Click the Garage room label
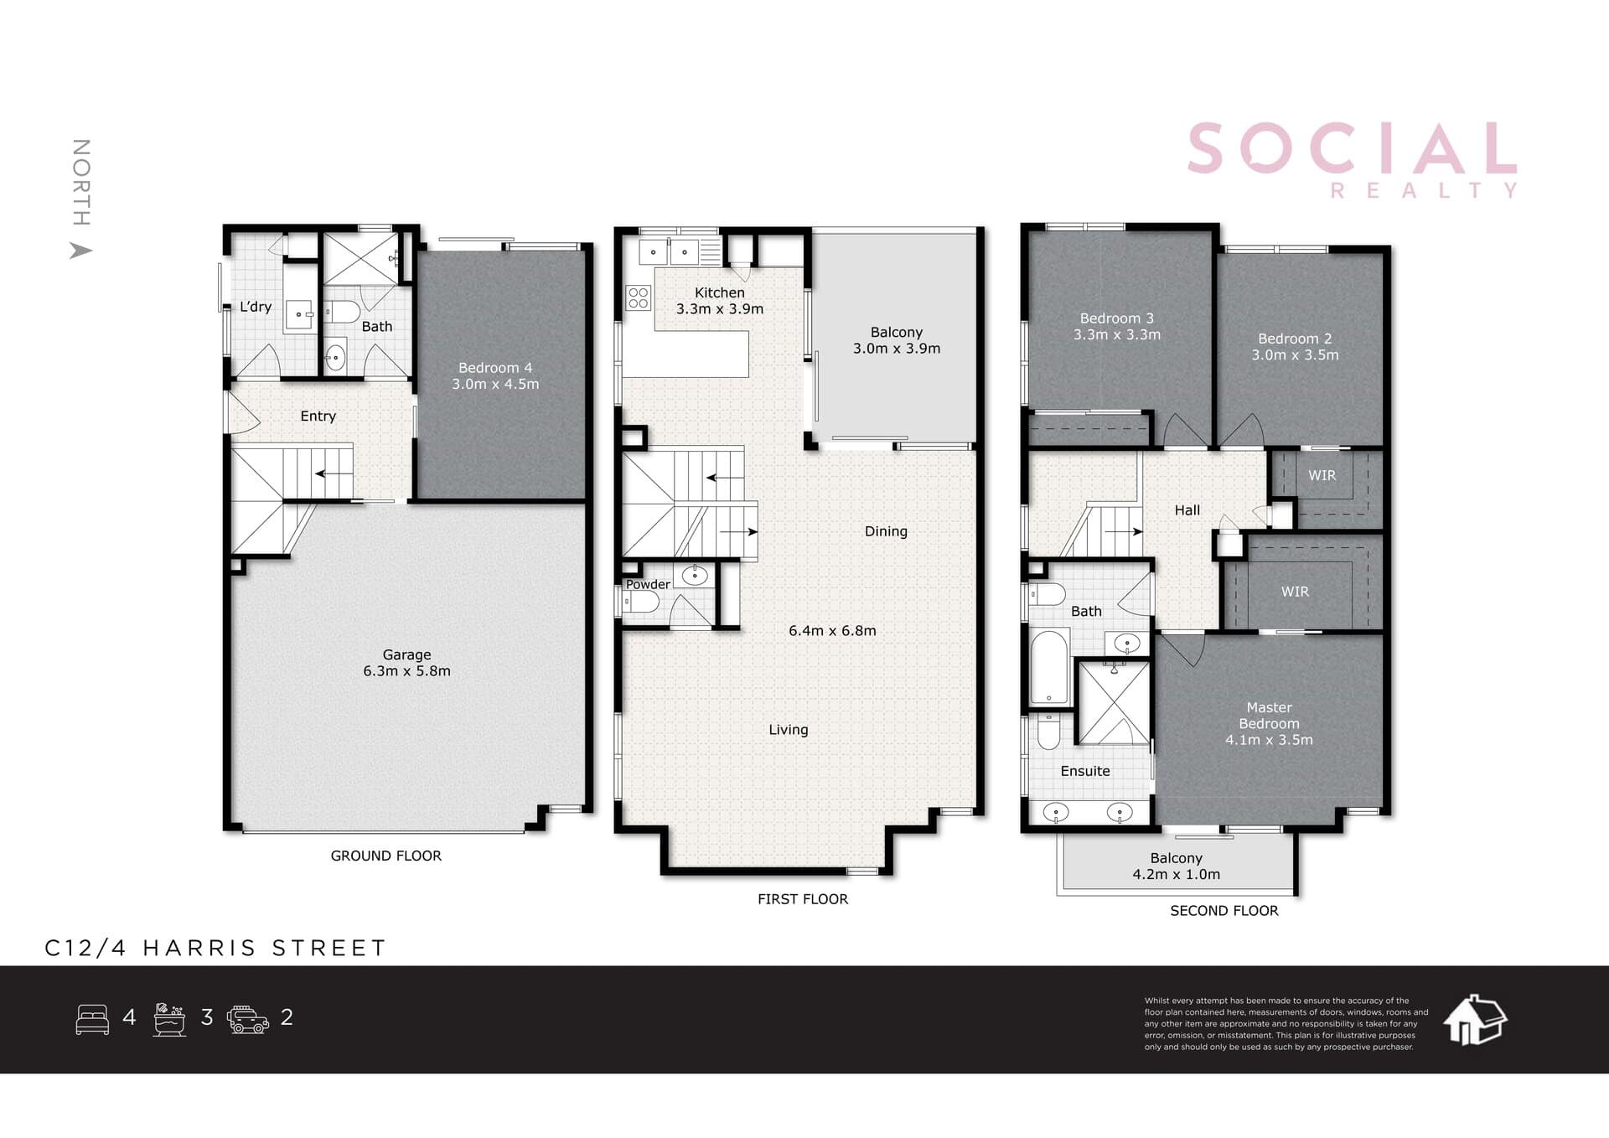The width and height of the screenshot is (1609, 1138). pyautogui.click(x=406, y=663)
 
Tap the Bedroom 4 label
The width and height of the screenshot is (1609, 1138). pyautogui.click(x=495, y=375)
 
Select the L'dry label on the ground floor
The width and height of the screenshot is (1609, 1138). pyautogui.click(x=256, y=307)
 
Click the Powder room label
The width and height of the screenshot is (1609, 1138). pyautogui.click(x=648, y=584)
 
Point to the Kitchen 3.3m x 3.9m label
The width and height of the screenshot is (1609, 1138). pyautogui.click(x=720, y=301)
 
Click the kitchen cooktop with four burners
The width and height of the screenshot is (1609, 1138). pyautogui.click(x=638, y=297)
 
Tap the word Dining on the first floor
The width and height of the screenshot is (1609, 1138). pyautogui.click(x=886, y=531)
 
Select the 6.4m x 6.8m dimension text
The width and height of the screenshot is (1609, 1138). pyautogui.click(x=832, y=631)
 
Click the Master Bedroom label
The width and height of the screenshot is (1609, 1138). pyautogui.click(x=1269, y=723)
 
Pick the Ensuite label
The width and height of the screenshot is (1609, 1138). pyautogui.click(x=1085, y=771)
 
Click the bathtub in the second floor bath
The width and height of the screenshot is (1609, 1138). pyautogui.click(x=1048, y=668)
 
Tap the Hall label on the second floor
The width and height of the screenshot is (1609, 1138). pyautogui.click(x=1187, y=510)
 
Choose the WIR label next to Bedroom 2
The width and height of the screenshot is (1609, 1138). pyautogui.click(x=1322, y=475)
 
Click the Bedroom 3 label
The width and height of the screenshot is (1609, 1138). pyautogui.click(x=1117, y=326)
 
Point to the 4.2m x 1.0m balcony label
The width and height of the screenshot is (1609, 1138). pyautogui.click(x=1176, y=866)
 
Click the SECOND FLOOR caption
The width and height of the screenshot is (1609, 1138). pyautogui.click(x=1224, y=911)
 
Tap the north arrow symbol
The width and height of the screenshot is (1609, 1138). pyautogui.click(x=80, y=250)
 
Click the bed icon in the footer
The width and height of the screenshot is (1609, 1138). pyautogui.click(x=92, y=1019)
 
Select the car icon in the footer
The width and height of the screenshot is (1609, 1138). pyautogui.click(x=248, y=1019)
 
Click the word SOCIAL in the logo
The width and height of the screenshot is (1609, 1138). pyautogui.click(x=1352, y=148)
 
